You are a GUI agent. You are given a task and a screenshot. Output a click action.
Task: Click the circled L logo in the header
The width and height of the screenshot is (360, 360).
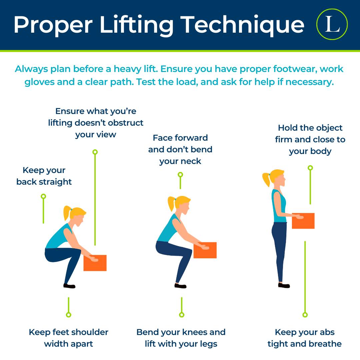coord(332,24)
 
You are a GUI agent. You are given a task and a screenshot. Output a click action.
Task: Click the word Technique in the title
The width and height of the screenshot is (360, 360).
coord(242,25)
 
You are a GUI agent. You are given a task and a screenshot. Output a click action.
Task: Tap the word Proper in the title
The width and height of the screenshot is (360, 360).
coord(53,25)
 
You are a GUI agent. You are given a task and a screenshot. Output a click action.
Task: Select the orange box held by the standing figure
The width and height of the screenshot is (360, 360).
coord(303,221)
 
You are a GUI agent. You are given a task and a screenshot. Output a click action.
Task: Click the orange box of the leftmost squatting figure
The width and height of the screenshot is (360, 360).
coord(95,263)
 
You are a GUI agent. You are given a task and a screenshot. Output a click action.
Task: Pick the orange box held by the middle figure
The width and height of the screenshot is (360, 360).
coord(205,250)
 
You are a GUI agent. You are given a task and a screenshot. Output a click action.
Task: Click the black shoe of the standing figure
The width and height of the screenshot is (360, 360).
coord(284,285)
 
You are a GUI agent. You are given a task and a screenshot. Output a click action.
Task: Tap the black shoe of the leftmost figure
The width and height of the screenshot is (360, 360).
coord(69,286)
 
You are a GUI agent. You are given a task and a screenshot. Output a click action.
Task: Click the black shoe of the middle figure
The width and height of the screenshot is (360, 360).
coord(180,286)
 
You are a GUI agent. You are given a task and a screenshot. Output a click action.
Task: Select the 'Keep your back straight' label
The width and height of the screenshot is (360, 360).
coord(44,176)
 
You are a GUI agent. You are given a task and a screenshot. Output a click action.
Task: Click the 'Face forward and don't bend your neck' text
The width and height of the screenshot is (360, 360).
coord(180,149)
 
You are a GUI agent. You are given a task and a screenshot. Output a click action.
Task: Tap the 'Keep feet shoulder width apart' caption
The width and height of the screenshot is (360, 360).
coord(68,338)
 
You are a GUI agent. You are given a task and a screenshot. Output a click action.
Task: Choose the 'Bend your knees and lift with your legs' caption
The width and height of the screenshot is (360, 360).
coord(181,338)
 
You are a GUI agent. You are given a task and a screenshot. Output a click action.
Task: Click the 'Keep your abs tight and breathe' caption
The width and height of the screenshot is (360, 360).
coord(305,338)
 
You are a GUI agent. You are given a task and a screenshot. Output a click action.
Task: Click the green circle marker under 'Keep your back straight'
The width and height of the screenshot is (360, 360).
coord(43,196)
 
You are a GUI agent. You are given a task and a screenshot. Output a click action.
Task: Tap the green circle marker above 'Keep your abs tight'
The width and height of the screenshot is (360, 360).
coord(305,315)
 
